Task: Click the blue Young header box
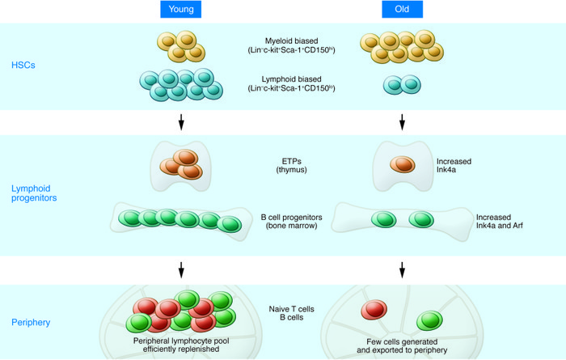click(x=181, y=9)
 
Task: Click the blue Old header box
click(x=402, y=9)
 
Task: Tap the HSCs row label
click(x=23, y=65)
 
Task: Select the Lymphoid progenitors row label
click(x=34, y=193)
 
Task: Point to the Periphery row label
click(x=31, y=323)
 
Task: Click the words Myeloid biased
click(x=291, y=40)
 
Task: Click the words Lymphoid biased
click(x=291, y=79)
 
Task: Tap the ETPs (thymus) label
click(x=291, y=165)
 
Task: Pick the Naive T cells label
click(x=291, y=309)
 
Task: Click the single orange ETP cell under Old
click(x=403, y=164)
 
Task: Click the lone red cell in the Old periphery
click(x=374, y=310)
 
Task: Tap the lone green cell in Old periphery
click(x=429, y=320)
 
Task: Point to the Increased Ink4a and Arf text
click(x=499, y=222)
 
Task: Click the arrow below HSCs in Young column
click(x=181, y=122)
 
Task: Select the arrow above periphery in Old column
click(x=402, y=270)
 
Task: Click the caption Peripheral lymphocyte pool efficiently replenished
click(x=181, y=345)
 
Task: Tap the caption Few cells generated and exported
click(x=402, y=345)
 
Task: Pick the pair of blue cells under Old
click(x=402, y=85)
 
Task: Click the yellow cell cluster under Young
click(x=181, y=46)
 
